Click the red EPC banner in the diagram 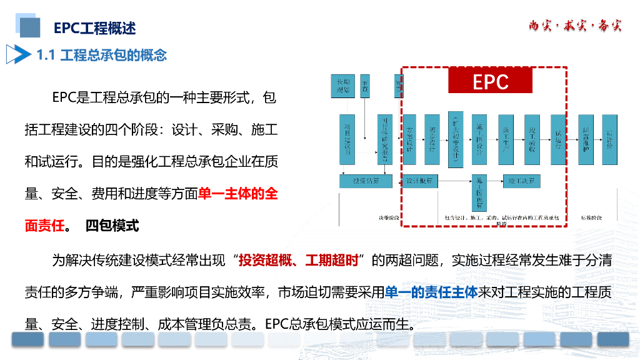coord(490,81)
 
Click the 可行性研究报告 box coord(385,139)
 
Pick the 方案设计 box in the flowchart coord(409,139)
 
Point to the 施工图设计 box coord(478,139)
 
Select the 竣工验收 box coord(532,139)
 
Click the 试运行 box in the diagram coord(557,139)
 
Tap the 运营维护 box coord(586,139)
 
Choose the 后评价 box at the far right coord(609,139)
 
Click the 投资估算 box coord(366,181)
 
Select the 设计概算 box coord(419,181)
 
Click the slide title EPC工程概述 coord(94,28)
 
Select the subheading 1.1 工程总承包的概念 coord(101,55)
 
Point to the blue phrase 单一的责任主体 coord(431,292)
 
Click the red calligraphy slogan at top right coord(575,26)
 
